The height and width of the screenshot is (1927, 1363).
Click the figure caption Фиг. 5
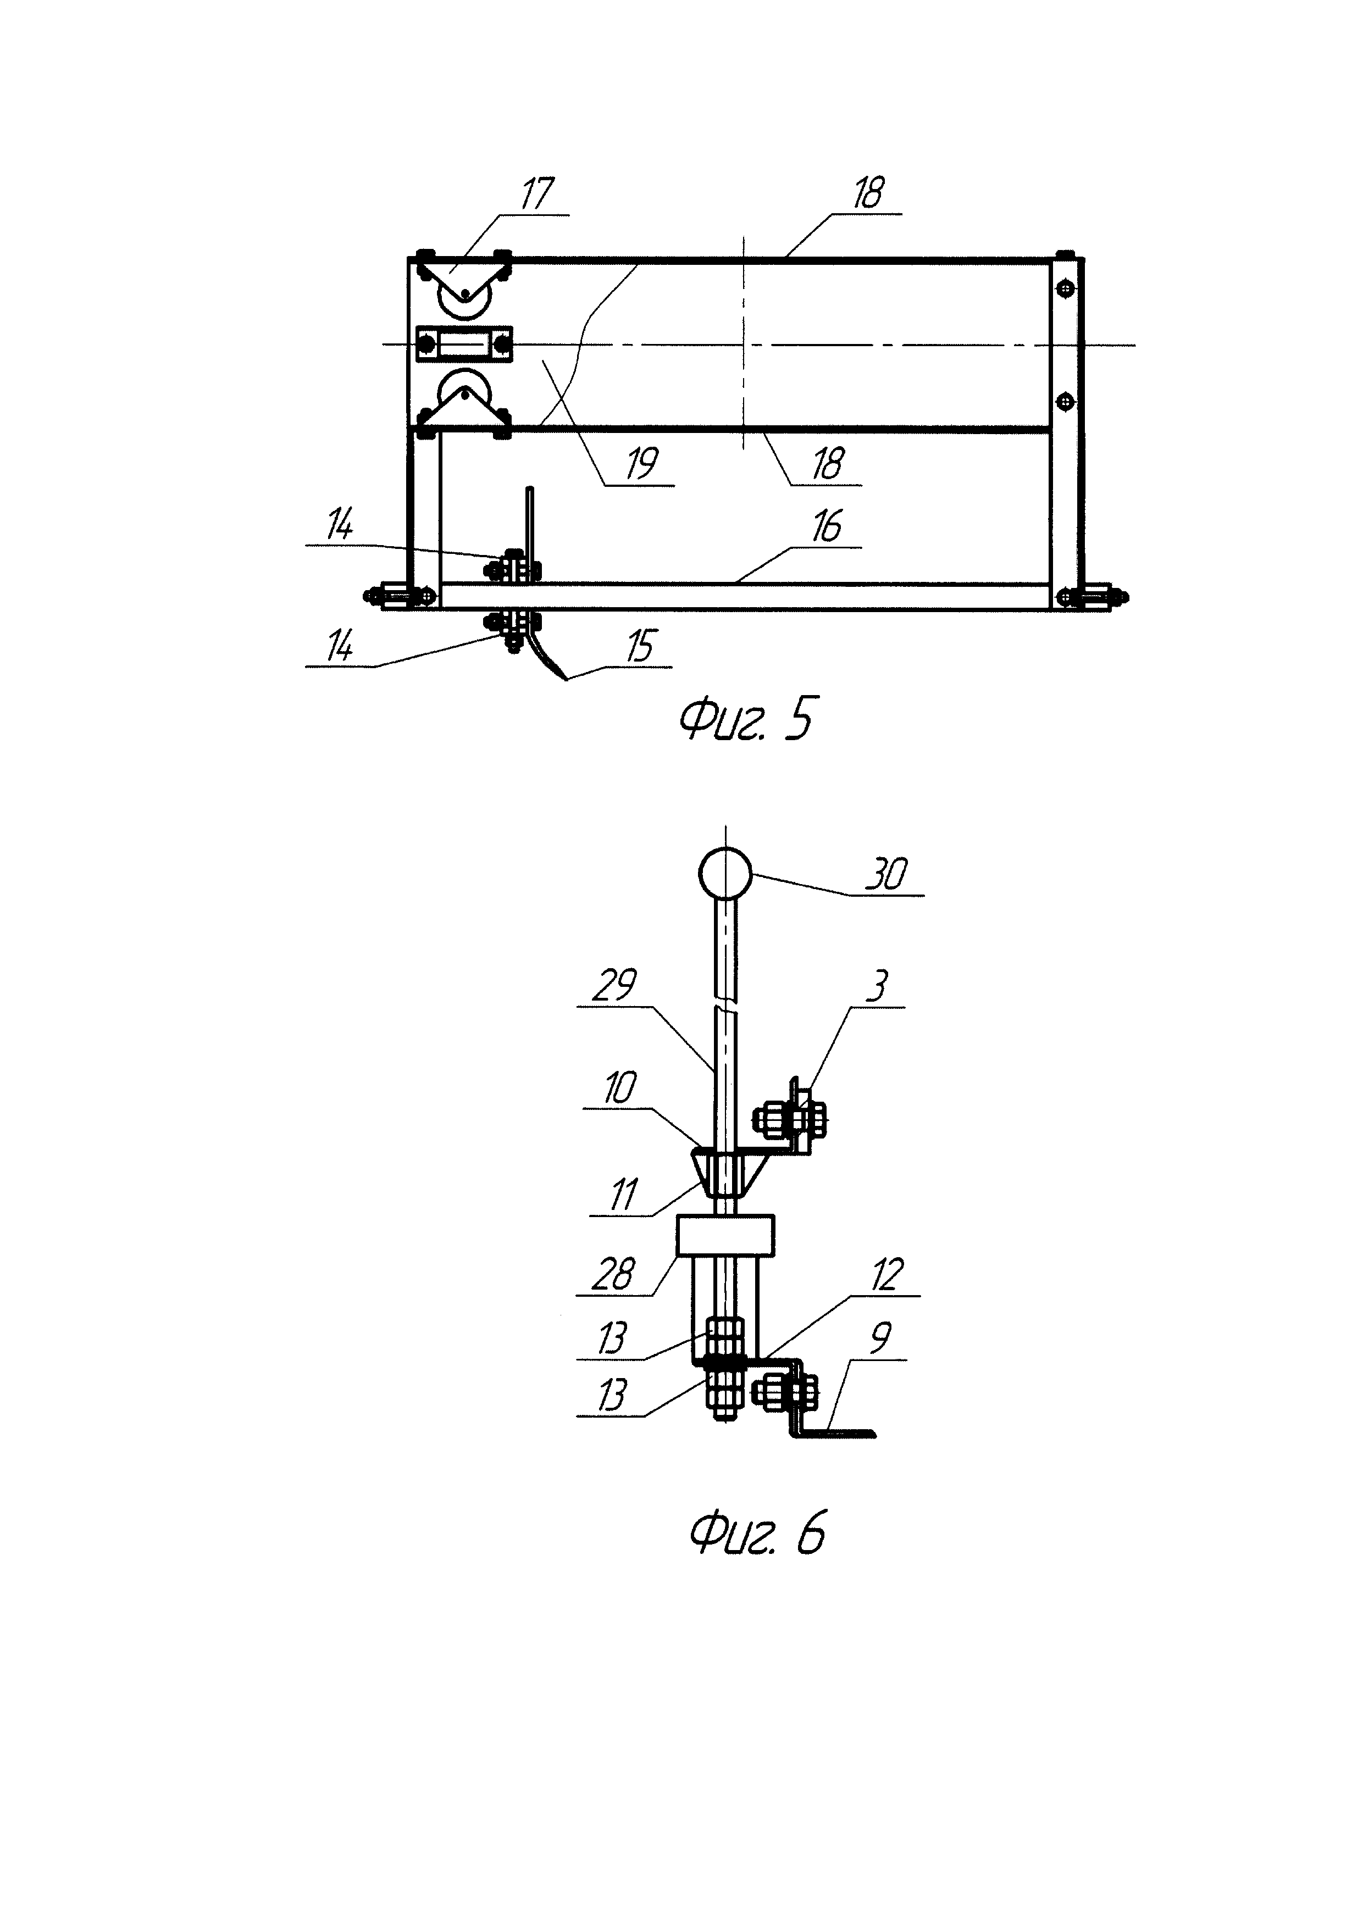745,720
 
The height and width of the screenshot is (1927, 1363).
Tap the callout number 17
537,194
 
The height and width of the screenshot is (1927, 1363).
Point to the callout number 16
827,527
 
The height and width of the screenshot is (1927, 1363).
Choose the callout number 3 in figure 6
878,986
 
